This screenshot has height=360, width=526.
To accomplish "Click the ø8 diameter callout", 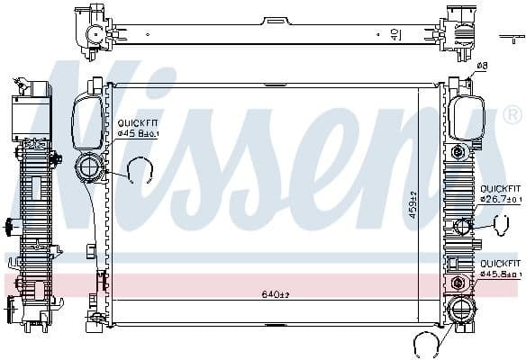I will (x=483, y=66).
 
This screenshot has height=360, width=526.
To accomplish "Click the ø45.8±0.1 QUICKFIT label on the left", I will (x=137, y=130).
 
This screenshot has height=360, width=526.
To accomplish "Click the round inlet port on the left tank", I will (x=91, y=166).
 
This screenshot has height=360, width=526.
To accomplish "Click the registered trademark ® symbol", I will (x=512, y=115).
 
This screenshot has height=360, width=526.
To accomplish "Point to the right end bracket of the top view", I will (x=458, y=31).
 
